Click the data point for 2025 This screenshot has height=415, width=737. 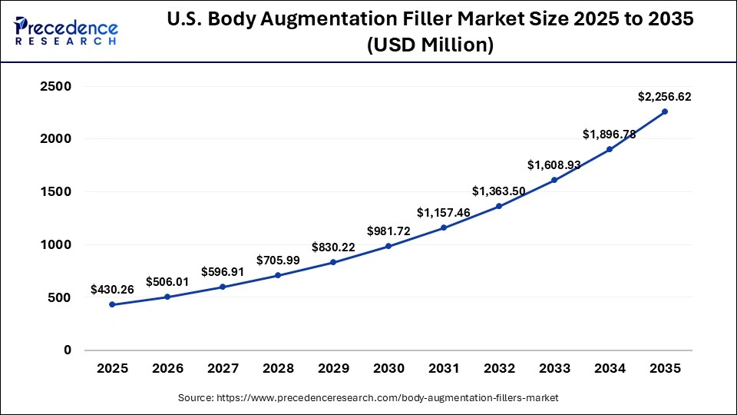point(112,304)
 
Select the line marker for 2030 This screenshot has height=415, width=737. point(388,246)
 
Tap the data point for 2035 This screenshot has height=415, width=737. point(665,111)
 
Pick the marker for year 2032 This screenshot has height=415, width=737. point(499,206)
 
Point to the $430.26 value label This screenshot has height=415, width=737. point(112,290)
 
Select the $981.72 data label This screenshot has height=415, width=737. point(388,231)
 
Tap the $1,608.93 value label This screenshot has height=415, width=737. point(554,165)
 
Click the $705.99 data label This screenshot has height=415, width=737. point(278,261)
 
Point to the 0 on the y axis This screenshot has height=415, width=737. point(67,350)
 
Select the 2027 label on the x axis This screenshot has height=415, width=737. point(223,369)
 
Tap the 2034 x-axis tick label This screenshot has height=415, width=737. point(610,369)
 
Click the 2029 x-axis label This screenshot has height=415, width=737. point(333,369)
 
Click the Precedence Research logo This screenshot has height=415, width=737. point(66,32)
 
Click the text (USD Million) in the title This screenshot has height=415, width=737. point(430,46)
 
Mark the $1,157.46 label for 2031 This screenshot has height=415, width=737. point(444,212)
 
